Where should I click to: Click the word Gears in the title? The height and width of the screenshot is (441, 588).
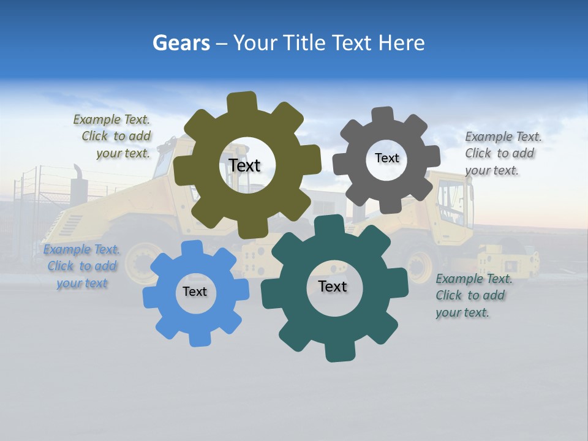coord(181,43)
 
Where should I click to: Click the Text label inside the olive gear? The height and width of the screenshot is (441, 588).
coord(244,165)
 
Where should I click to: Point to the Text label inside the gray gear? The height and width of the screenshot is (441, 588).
coord(386,158)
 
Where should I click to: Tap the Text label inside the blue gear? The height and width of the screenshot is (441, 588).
coord(195,292)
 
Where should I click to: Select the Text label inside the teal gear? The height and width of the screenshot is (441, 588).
coord(333,286)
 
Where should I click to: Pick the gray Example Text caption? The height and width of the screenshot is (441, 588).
coord(502,154)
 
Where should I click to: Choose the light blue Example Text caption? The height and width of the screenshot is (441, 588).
coord(81,266)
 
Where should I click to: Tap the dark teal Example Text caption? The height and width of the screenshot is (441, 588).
coord(473,296)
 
